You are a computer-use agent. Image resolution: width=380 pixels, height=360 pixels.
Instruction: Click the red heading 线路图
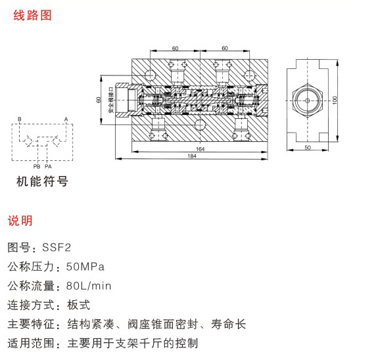(x=32, y=15)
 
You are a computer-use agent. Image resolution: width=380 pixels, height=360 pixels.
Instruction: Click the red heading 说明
(x=20, y=221)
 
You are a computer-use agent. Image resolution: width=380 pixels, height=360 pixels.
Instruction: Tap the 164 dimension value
(x=200, y=148)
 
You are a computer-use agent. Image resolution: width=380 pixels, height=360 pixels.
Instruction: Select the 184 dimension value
(x=192, y=156)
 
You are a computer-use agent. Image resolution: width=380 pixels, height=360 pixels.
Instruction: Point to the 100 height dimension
(x=335, y=101)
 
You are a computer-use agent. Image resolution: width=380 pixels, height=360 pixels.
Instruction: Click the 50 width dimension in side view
(x=308, y=147)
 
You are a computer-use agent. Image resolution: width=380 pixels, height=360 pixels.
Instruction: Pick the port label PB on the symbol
(x=37, y=166)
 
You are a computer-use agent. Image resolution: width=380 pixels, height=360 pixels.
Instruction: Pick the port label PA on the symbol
(x=48, y=166)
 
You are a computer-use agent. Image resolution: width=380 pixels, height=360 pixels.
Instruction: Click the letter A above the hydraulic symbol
(x=66, y=119)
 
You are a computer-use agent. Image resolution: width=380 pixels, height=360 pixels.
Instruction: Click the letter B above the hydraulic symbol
(x=19, y=119)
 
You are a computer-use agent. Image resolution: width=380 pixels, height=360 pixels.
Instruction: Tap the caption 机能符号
(x=43, y=181)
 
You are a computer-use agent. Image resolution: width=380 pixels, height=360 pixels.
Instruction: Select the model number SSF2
(x=57, y=248)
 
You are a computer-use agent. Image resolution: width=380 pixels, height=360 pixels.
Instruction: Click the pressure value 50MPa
(x=85, y=267)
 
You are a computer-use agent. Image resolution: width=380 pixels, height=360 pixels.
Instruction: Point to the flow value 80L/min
(x=89, y=286)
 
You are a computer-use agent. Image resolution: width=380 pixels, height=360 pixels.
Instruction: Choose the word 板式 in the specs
(x=78, y=305)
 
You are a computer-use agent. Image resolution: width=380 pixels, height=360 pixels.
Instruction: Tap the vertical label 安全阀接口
(x=111, y=100)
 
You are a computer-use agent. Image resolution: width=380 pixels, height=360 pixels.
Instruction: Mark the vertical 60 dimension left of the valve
(x=99, y=100)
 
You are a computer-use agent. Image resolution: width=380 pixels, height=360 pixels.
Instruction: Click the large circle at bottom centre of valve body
(x=200, y=124)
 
